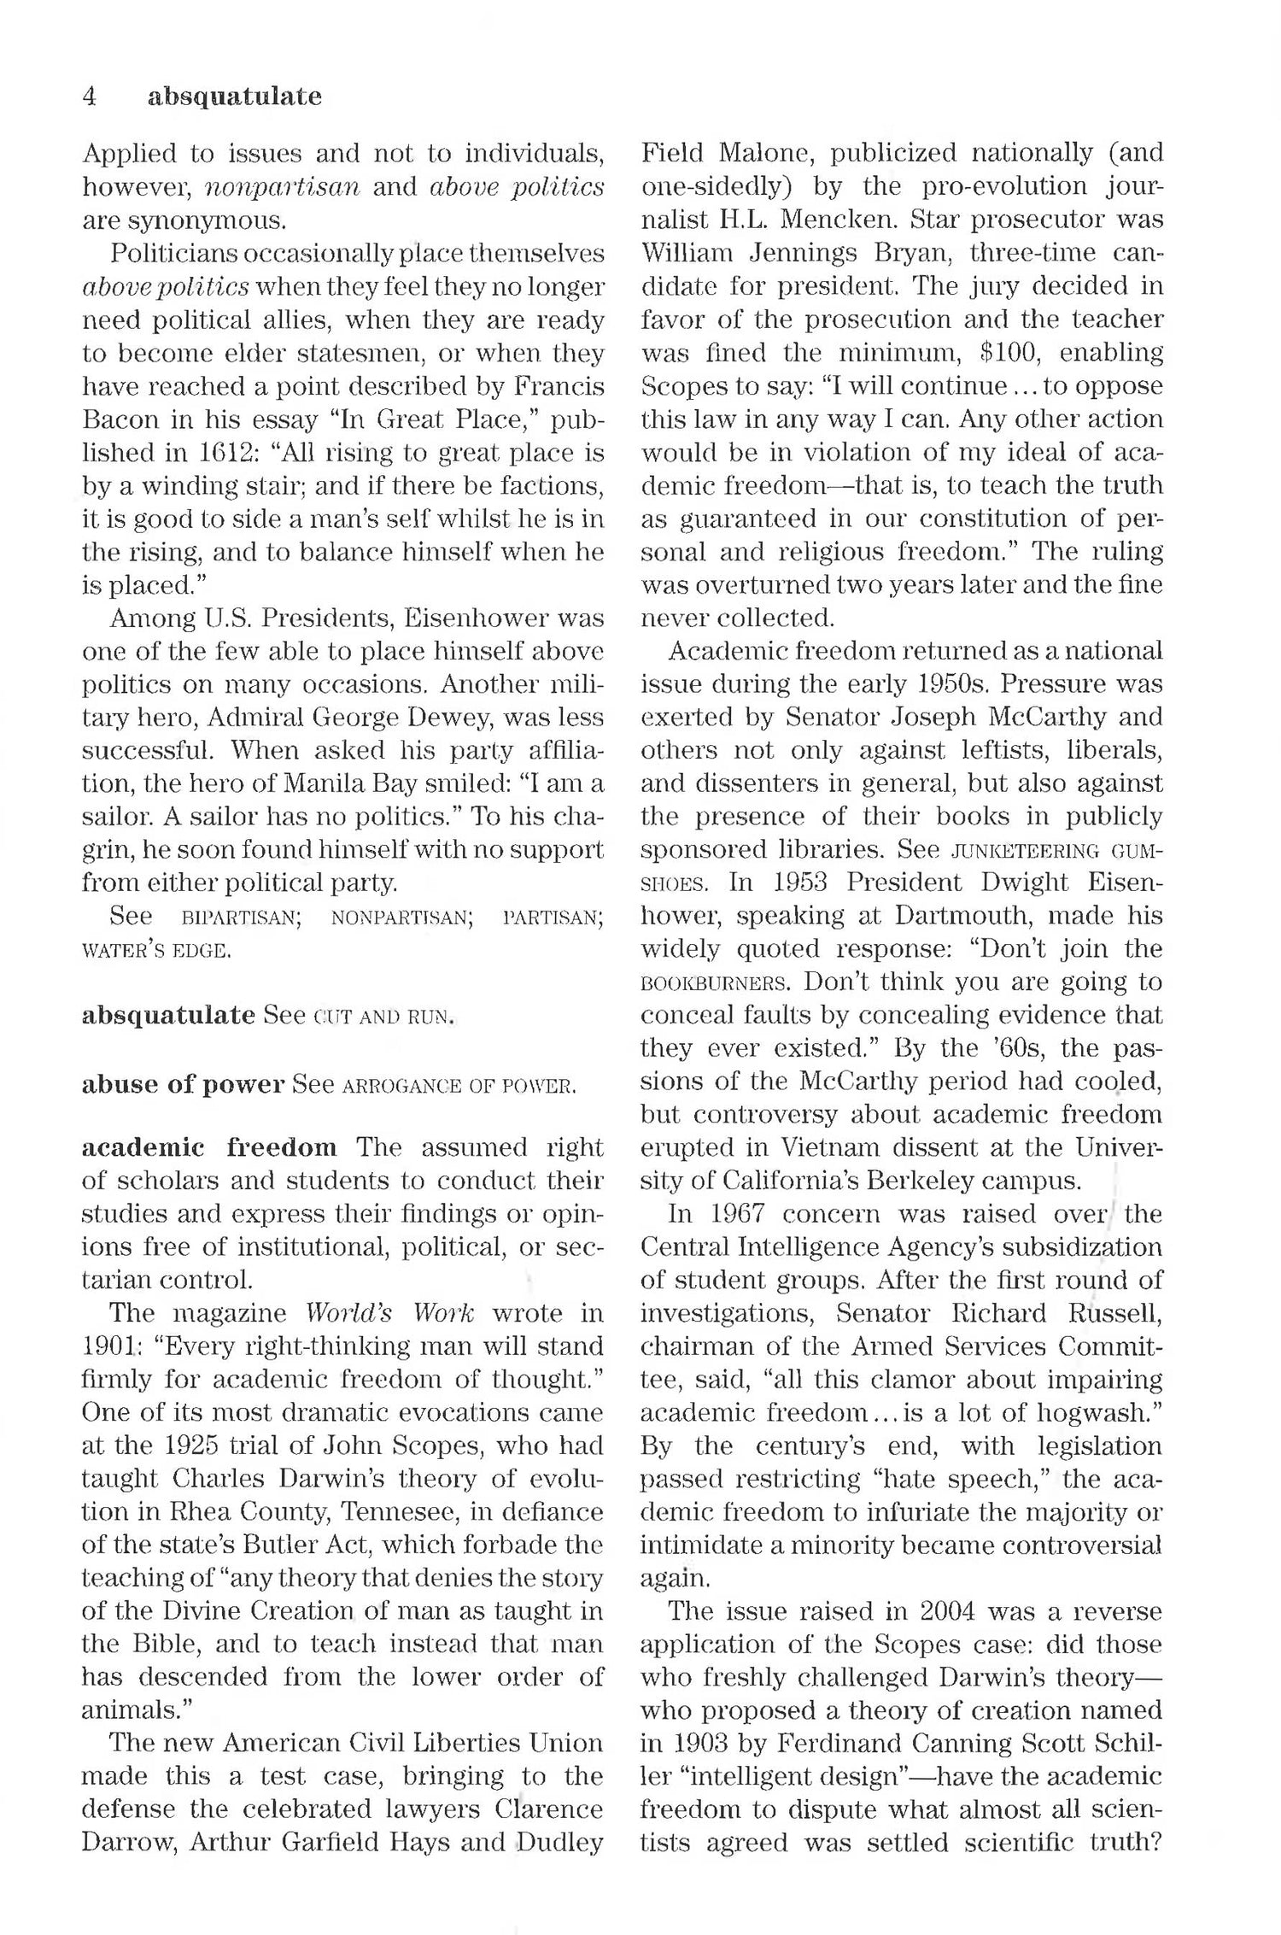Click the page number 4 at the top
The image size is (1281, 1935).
[x=90, y=97]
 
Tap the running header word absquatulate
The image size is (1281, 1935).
[x=235, y=97]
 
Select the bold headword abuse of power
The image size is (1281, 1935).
[x=183, y=1084]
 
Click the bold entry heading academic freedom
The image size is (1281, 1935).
[x=209, y=1146]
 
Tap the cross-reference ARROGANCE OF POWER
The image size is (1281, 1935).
[x=459, y=1086]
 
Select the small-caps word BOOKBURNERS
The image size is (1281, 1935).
[x=716, y=982]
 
